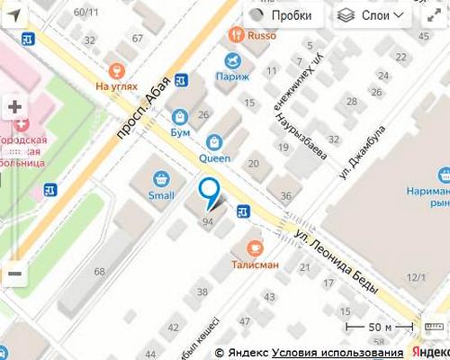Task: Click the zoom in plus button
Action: point(14,106)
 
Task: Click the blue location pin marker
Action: point(209,191)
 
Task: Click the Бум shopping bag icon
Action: point(180,117)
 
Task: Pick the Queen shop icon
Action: point(214,141)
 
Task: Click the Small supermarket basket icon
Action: point(161,178)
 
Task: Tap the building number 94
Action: point(209,220)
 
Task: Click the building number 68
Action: point(99,271)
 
